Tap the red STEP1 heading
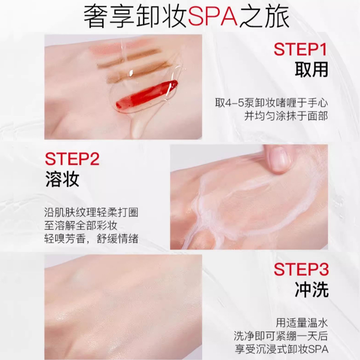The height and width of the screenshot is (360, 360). (300, 49)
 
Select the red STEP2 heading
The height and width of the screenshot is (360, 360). (72, 159)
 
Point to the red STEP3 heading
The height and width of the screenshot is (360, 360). (301, 269)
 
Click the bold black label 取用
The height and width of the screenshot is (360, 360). (311, 69)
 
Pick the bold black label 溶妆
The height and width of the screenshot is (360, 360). (62, 179)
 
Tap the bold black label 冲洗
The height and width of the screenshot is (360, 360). (311, 289)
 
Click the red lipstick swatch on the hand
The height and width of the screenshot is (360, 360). (147, 94)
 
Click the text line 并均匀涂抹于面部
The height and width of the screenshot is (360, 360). (286, 116)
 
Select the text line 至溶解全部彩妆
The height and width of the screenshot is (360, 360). (81, 226)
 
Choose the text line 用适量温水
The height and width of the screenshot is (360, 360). (301, 323)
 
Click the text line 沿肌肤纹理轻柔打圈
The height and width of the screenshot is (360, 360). (91, 212)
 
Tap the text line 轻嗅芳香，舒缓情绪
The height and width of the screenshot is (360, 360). (91, 239)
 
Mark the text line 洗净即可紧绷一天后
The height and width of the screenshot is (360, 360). (280, 336)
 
